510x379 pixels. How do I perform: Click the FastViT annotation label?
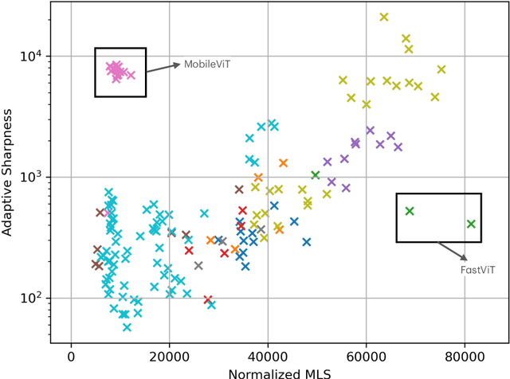point(477,271)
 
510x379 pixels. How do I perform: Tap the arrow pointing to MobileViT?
point(163,68)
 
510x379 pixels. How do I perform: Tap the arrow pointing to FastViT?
point(453,251)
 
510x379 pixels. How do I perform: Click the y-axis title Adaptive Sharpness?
point(10,173)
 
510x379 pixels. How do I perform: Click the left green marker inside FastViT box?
point(410,211)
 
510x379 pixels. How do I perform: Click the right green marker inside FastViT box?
point(471,224)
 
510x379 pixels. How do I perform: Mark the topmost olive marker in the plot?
point(384,17)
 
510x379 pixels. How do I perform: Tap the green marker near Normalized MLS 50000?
point(316,175)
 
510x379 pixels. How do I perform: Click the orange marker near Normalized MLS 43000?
point(283,163)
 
